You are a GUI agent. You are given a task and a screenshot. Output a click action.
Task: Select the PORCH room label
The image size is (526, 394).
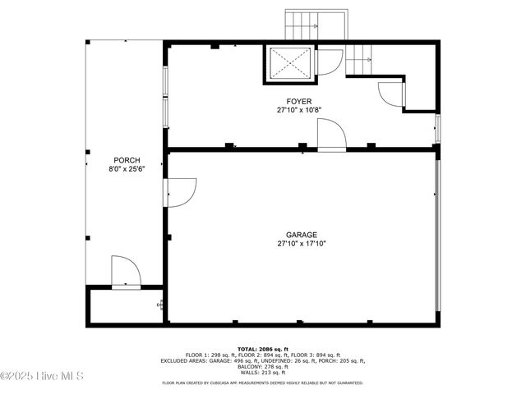[127, 160]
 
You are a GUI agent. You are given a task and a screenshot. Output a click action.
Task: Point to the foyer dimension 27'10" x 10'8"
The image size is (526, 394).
[298, 110]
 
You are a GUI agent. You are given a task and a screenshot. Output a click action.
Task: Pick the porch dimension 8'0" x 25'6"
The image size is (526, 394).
[127, 169]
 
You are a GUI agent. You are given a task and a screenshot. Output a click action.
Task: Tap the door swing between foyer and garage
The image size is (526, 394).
[331, 135]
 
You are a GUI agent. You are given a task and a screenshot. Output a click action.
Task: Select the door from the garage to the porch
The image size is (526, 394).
[180, 192]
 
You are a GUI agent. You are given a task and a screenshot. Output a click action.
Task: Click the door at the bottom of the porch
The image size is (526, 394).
[126, 272]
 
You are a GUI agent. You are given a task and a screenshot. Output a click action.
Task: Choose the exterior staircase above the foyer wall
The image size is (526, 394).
[302, 25]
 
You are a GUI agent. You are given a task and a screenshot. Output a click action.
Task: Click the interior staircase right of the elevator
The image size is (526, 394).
[359, 59]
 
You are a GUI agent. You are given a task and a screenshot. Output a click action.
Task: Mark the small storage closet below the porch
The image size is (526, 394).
[123, 306]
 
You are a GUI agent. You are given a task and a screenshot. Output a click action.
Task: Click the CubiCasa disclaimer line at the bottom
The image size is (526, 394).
[262, 383]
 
